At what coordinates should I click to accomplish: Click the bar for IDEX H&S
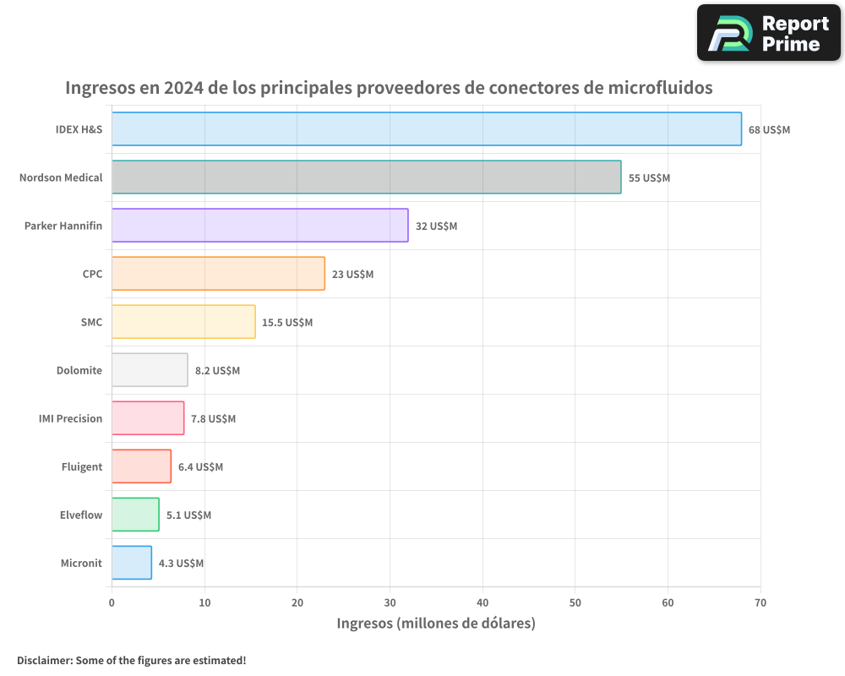click(x=427, y=129)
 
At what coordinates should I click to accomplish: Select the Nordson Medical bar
click(x=366, y=177)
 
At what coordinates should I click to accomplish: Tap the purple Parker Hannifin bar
click(x=259, y=226)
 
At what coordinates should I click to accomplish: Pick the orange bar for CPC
click(x=218, y=274)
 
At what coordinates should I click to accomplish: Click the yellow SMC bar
click(x=183, y=322)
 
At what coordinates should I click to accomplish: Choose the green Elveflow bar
click(x=135, y=515)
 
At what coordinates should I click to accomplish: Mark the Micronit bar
click(x=132, y=563)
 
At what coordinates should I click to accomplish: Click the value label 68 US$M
click(x=769, y=130)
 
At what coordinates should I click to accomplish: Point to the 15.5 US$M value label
click(x=287, y=323)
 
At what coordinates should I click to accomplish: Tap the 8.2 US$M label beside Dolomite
click(x=217, y=371)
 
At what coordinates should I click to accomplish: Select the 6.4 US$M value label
click(x=200, y=467)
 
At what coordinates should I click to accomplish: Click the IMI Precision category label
click(x=70, y=418)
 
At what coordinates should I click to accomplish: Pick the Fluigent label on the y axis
click(x=82, y=466)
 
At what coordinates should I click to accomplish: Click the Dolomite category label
click(x=79, y=370)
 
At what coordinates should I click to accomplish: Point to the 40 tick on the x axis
click(x=482, y=602)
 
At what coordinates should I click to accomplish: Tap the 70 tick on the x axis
click(x=760, y=602)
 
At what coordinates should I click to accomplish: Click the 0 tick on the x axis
click(x=112, y=602)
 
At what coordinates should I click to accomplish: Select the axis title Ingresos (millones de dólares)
click(x=436, y=624)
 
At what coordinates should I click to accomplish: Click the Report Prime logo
click(x=769, y=33)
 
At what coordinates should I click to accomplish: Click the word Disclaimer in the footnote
click(x=43, y=660)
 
